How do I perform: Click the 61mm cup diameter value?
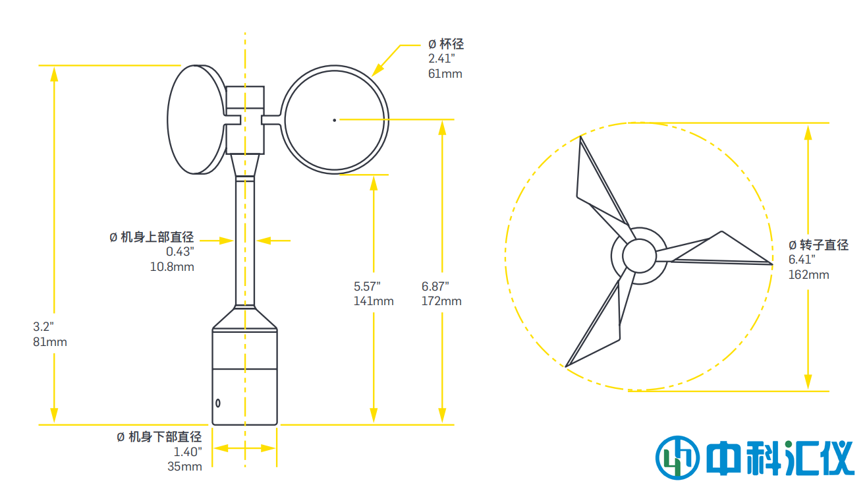(445, 73)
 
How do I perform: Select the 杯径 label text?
(451, 44)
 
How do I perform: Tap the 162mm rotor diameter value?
(808, 275)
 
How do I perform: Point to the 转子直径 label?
(824, 245)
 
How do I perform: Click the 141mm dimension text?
(374, 301)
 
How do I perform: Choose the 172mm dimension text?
(441, 301)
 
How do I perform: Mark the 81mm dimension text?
(50, 342)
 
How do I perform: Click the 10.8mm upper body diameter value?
(172, 266)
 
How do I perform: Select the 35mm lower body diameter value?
(184, 466)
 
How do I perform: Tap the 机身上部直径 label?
(157, 237)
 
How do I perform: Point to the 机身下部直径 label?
(165, 437)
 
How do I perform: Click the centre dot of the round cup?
(335, 120)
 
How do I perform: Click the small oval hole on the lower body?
(218, 403)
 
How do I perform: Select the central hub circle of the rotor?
(639, 256)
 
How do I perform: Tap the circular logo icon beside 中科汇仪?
(677, 458)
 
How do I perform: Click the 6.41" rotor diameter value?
(802, 260)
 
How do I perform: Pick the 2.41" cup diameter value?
(441, 59)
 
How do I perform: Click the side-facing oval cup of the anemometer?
(197, 119)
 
